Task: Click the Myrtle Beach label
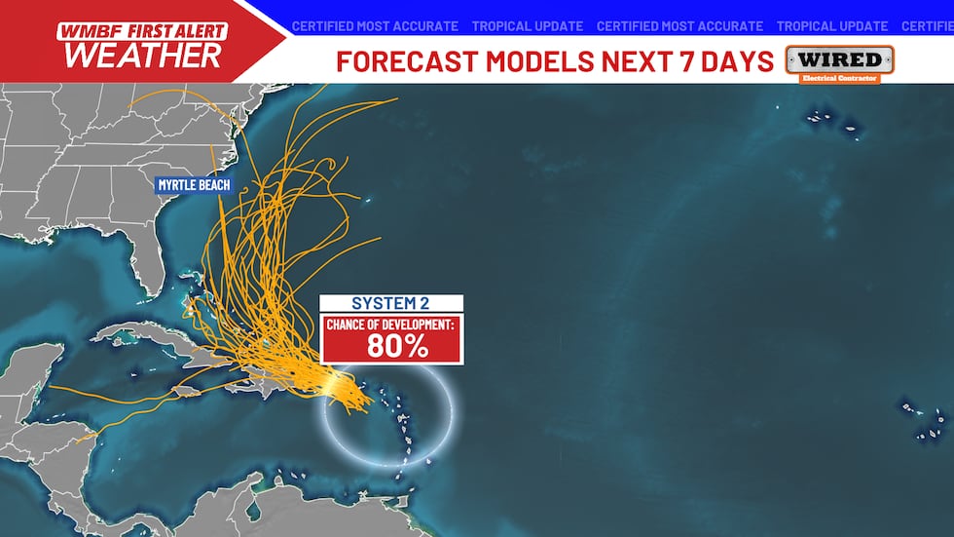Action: tap(195, 184)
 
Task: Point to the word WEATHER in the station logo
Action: tap(143, 56)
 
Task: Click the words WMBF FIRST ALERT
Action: tap(142, 31)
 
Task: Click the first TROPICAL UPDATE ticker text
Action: tap(527, 26)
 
